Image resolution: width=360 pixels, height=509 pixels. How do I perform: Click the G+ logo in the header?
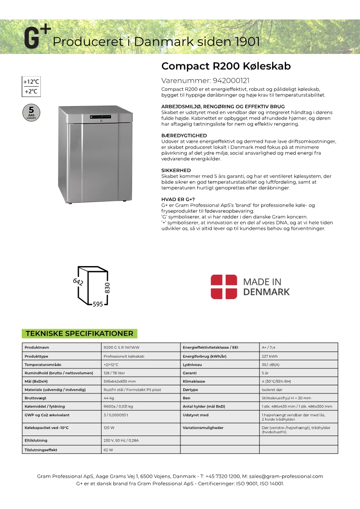tap(37, 38)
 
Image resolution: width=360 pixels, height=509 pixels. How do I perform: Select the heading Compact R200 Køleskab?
tap(226, 66)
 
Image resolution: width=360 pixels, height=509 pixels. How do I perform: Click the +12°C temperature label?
tap(31, 82)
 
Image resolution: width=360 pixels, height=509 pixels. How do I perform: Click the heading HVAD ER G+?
tap(178, 199)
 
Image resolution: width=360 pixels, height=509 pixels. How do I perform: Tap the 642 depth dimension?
tap(78, 281)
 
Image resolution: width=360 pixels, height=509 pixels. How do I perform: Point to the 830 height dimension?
tap(107, 287)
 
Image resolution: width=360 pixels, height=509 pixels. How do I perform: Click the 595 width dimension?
tap(97, 304)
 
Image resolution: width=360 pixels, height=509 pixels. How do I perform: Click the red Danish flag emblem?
tap(224, 286)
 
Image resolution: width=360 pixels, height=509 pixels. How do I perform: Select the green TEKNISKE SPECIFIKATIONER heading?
tap(79, 334)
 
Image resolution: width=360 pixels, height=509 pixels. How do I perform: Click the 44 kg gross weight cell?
tap(108, 398)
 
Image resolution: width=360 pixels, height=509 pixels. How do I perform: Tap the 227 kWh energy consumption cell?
tap(270, 356)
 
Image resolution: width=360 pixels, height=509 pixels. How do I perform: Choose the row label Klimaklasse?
tap(194, 381)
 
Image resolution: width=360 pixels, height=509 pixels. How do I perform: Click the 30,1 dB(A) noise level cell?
tap(271, 364)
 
